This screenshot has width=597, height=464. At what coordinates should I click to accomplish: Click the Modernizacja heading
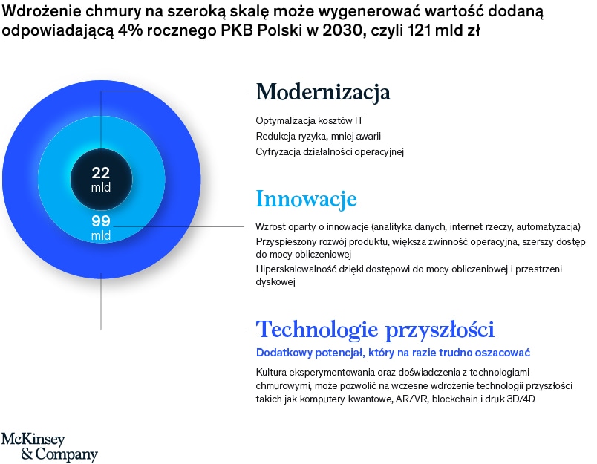click(323, 93)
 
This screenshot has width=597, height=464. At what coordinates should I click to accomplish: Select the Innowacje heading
click(307, 199)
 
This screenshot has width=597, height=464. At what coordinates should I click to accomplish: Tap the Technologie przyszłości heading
click(375, 330)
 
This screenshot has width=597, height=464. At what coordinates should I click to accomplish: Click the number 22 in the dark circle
click(101, 173)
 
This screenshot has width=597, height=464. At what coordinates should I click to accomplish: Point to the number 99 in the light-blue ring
click(101, 221)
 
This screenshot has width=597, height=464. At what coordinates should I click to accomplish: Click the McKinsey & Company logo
click(50, 447)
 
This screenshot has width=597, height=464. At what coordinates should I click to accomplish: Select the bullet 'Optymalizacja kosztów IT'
click(309, 121)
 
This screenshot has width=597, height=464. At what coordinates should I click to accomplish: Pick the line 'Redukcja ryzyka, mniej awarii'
click(319, 137)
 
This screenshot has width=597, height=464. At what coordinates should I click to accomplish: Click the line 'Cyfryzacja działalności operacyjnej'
click(330, 152)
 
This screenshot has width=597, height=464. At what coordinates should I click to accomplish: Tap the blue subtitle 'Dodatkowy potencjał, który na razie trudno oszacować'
click(393, 353)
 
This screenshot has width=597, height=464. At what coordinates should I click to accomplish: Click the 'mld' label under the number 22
click(101, 187)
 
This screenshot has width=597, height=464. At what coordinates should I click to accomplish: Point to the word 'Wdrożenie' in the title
click(42, 12)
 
